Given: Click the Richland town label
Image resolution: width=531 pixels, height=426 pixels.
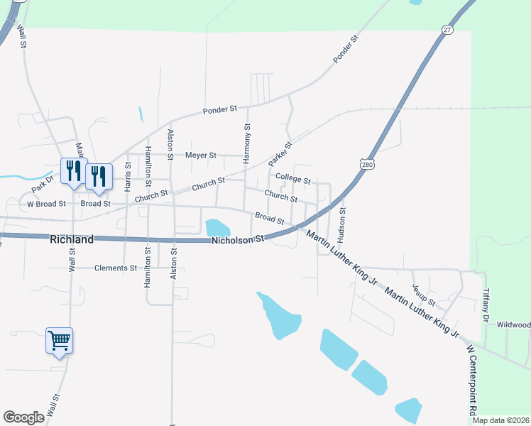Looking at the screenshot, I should pos(72,240).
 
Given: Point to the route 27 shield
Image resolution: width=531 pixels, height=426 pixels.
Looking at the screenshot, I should pos(446,30).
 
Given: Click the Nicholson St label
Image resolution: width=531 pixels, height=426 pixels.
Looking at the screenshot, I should pos(238,240).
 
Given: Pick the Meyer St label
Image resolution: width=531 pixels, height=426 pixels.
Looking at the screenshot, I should pos(200,155).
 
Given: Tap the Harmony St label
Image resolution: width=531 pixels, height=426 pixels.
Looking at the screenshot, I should pos(247,144).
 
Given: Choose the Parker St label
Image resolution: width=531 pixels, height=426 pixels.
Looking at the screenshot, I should pos(280,154).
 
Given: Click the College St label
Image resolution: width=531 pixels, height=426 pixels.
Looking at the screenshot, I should pos(292,179).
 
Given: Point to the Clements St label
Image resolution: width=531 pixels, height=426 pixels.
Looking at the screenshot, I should pos(116,268).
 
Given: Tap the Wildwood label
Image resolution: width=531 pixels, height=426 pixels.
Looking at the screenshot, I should pos(513,324).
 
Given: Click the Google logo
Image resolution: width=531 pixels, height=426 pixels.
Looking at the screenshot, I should pos(23,417).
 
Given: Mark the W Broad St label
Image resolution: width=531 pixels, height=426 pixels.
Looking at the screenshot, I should pos(46,204).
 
